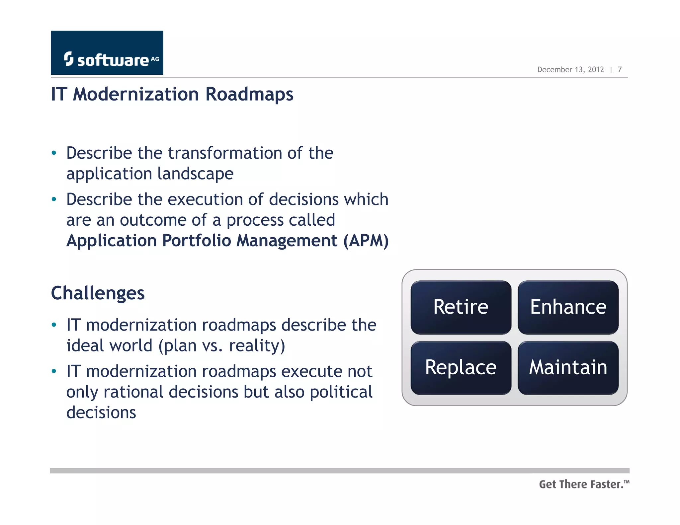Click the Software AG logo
coord(107,53)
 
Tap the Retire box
coord(461,307)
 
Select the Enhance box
coord(568,307)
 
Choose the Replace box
coord(461,368)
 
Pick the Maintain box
coord(568,368)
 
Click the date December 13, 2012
coord(570,70)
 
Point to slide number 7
coord(620,70)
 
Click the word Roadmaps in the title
coord(249,95)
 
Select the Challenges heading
coord(98,293)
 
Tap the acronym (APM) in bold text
coord(366,241)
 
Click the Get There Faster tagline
coord(584,485)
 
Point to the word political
coord(341,392)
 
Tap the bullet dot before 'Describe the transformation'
coord(54,153)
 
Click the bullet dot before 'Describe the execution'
coord(54,200)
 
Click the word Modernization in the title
coord(136,95)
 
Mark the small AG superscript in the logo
coord(155,59)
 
